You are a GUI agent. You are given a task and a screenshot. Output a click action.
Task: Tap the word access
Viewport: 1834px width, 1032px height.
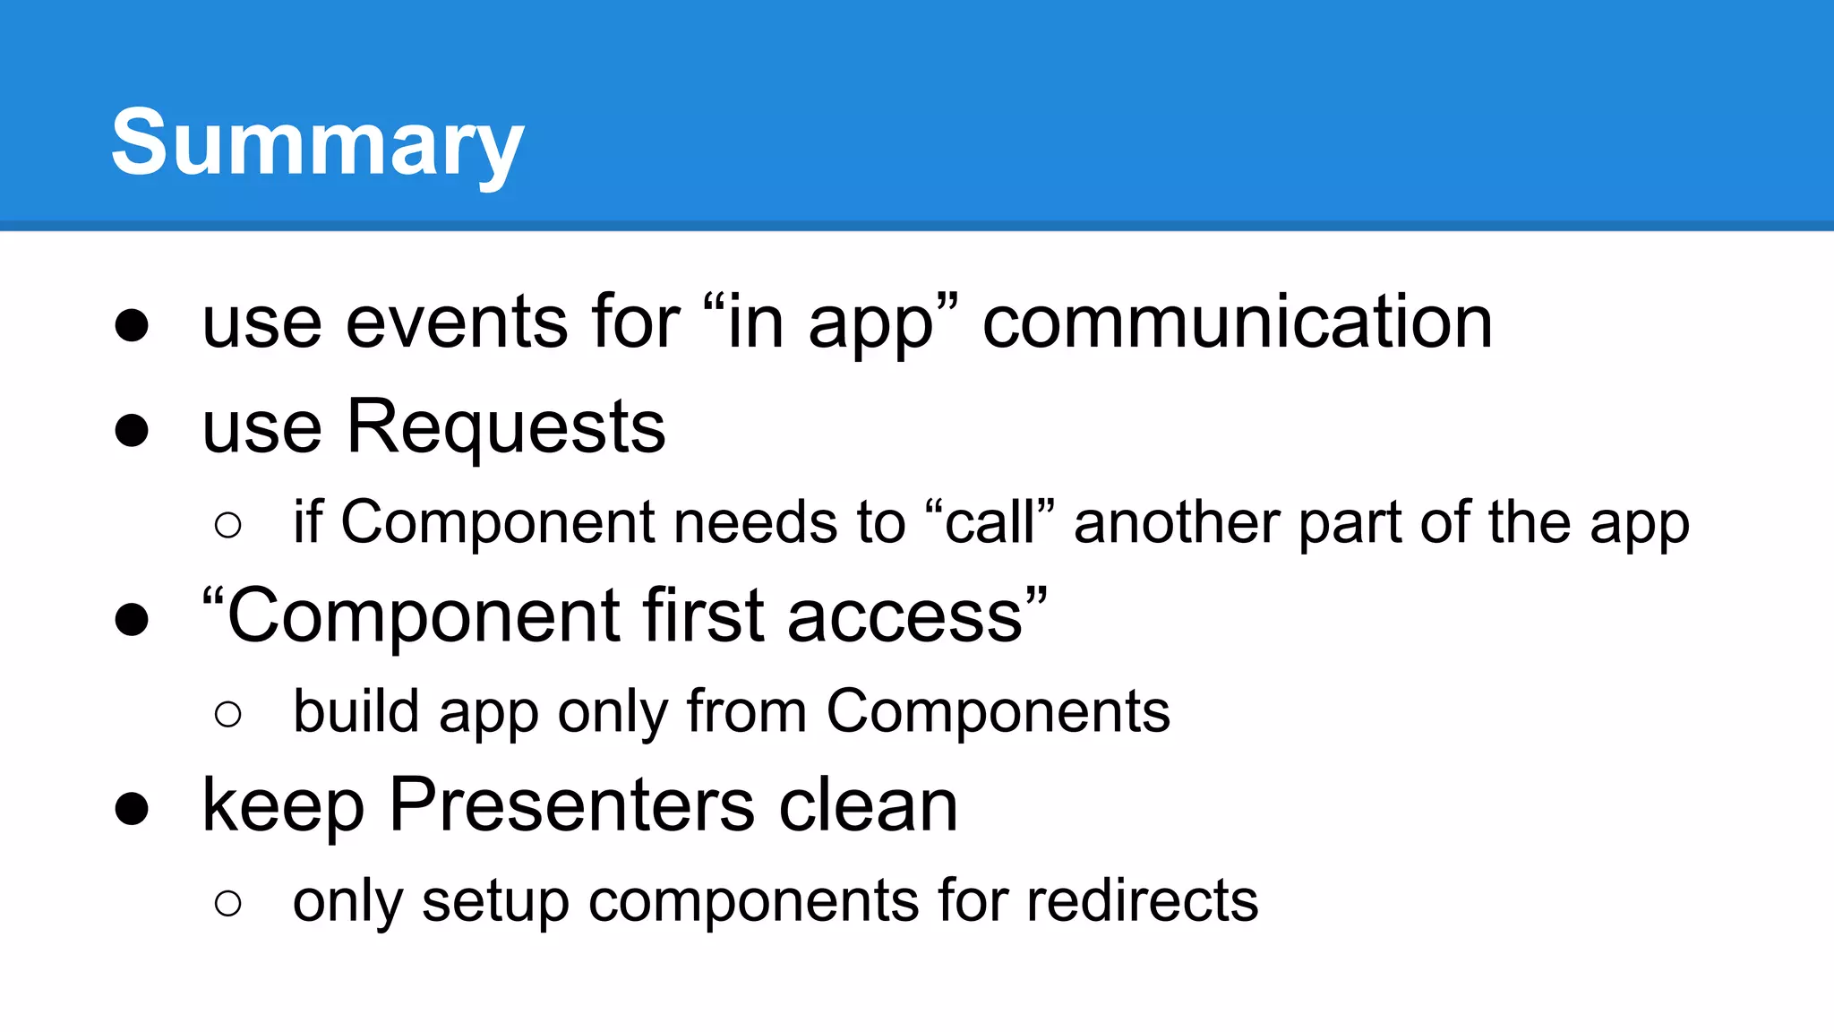coord(905,618)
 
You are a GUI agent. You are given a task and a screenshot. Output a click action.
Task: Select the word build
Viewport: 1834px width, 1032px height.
coord(356,712)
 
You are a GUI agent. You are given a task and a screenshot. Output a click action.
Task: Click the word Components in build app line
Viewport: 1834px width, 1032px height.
coord(998,714)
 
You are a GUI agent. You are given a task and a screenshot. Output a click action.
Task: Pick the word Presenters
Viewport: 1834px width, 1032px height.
coord(572,806)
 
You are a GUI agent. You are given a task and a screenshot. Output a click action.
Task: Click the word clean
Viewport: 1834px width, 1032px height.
coord(869,806)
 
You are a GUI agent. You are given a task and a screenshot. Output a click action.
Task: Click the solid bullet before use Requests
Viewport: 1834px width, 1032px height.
coord(132,430)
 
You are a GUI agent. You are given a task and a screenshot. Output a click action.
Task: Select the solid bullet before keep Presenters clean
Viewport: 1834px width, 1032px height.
coord(132,808)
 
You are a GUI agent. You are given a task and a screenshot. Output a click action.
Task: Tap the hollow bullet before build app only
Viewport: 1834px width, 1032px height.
coord(228,715)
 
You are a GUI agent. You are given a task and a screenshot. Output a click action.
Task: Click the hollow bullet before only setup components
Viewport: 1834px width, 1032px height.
coord(228,903)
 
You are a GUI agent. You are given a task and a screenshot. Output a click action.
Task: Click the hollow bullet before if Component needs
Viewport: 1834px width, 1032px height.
coord(228,525)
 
